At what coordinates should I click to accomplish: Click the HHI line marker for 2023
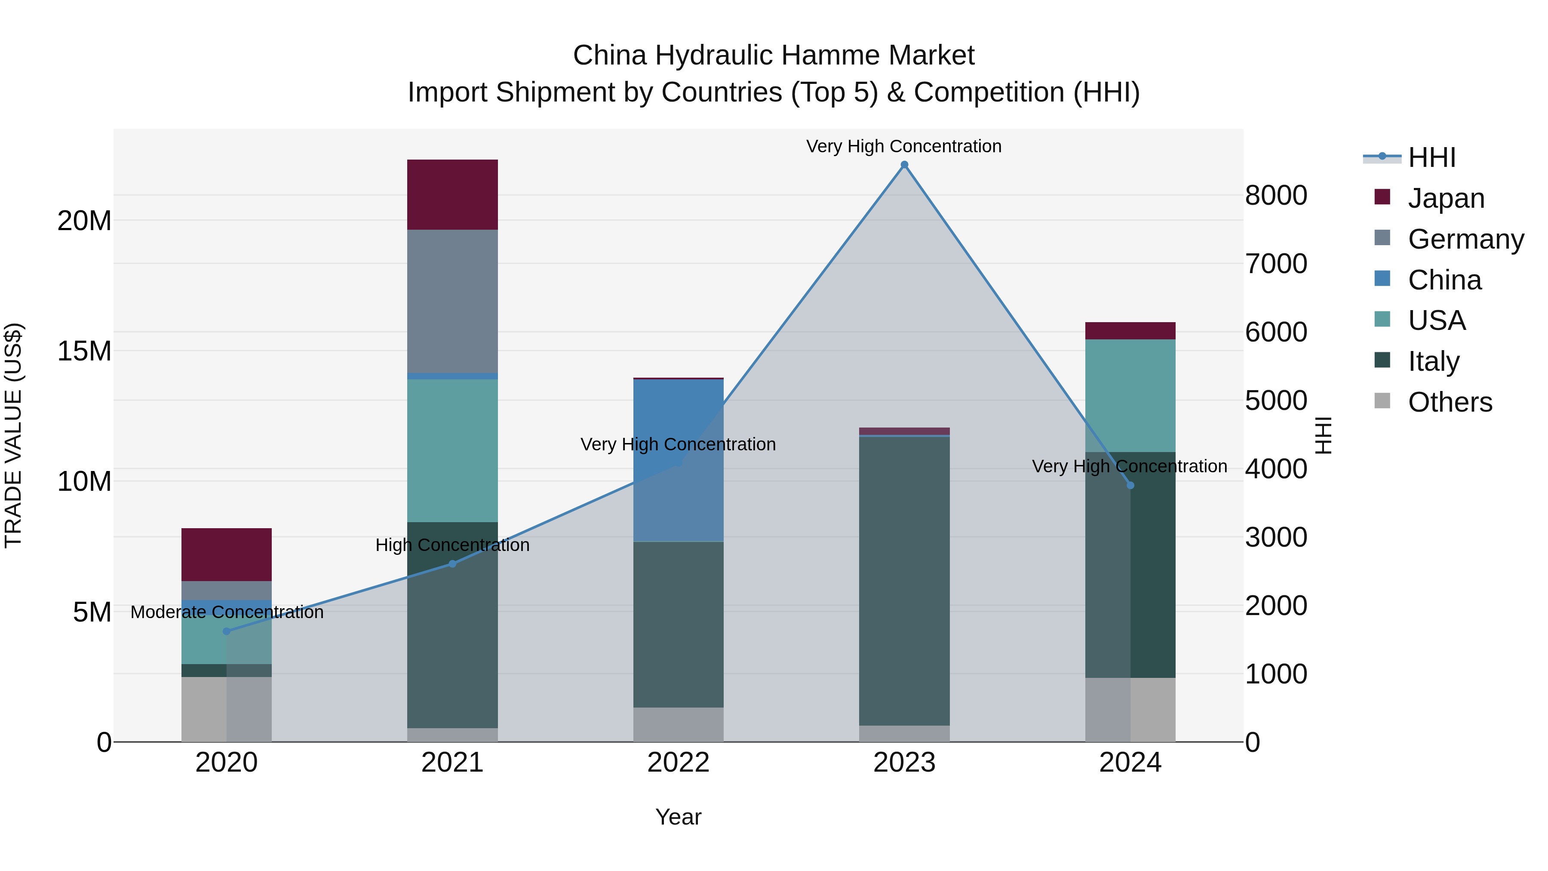point(904,165)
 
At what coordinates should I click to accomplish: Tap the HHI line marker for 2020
point(227,631)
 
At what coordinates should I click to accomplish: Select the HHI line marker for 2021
point(452,564)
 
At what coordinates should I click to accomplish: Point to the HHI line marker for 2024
point(1130,485)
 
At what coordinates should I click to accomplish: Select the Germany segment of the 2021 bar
point(452,301)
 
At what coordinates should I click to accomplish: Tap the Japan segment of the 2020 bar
point(227,554)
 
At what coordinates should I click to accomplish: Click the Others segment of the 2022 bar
point(679,724)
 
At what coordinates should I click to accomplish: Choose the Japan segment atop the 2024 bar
point(1130,331)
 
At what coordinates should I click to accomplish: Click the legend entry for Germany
point(1466,239)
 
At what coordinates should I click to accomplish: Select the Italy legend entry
point(1433,361)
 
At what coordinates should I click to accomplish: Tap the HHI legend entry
point(1431,157)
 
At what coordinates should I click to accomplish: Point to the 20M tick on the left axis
point(84,221)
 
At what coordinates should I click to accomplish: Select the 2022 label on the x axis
point(679,763)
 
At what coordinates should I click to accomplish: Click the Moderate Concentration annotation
point(227,612)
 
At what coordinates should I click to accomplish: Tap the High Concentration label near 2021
point(452,545)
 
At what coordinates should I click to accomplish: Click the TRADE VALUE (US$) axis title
point(13,435)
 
